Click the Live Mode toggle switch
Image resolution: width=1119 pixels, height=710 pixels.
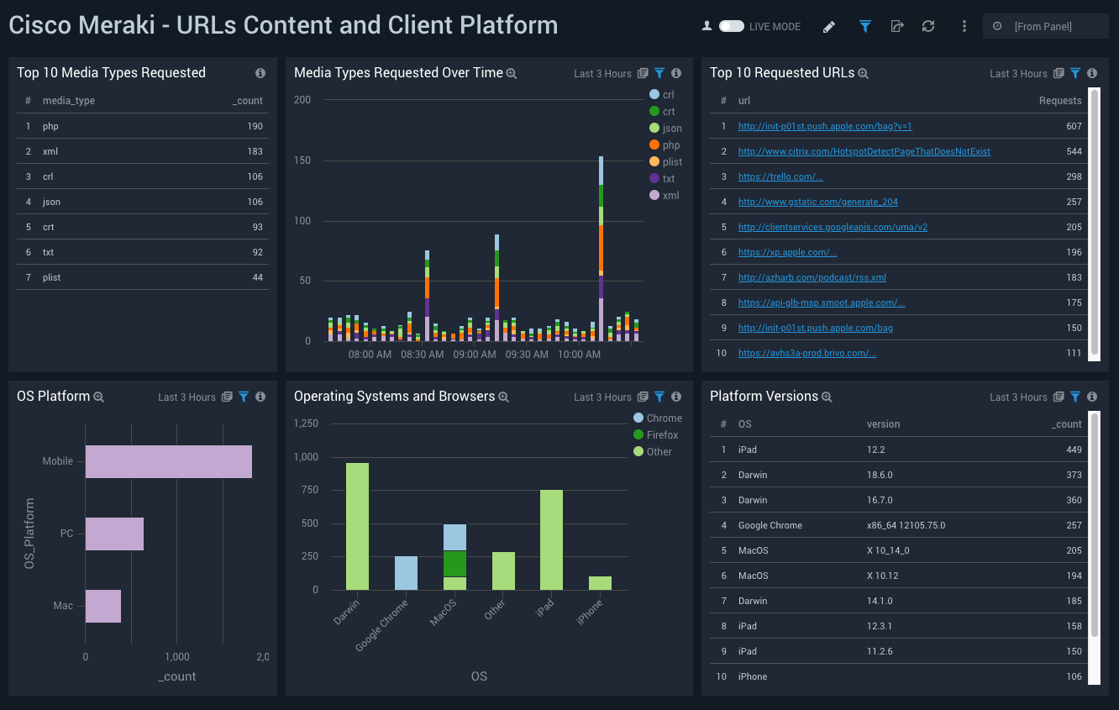(731, 27)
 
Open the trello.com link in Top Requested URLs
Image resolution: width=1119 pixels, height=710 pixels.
(780, 177)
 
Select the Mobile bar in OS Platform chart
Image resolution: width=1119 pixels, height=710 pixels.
(168, 461)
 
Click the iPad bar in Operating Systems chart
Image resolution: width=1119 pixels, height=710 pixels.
(551, 539)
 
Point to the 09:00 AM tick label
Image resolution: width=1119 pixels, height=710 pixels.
(475, 355)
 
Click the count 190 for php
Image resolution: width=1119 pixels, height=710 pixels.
(255, 127)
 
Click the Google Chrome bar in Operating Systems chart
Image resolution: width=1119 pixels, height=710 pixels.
(406, 572)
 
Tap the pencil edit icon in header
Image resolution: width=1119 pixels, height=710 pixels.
(829, 27)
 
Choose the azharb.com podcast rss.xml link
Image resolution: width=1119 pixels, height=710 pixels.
(812, 278)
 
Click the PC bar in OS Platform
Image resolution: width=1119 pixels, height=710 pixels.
(114, 534)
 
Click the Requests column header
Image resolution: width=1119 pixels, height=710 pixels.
(1059, 101)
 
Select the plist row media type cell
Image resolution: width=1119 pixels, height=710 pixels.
(52, 278)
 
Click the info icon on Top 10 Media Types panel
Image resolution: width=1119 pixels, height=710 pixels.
(260, 73)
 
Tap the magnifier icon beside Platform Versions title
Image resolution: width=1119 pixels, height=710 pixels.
(827, 397)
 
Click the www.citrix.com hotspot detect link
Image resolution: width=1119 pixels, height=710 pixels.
(864, 152)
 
